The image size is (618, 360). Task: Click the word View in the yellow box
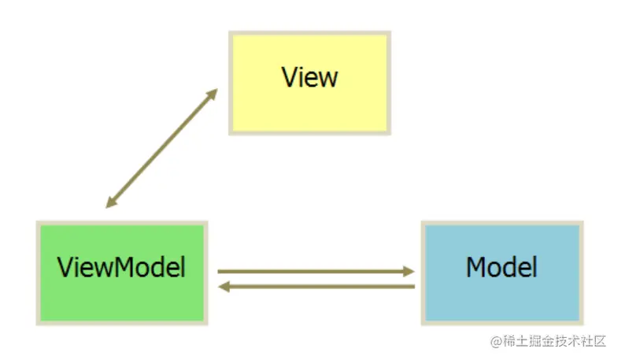pos(309,77)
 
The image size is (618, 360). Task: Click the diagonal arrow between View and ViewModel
pos(161,148)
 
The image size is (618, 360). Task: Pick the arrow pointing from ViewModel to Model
pos(315,271)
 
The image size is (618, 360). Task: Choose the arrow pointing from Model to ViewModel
pos(315,287)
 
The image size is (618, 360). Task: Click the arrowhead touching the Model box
pos(409,271)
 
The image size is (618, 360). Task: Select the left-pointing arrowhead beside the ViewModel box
pos(224,287)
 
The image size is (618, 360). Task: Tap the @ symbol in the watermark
pos(496,341)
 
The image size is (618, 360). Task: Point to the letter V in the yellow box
pos(289,77)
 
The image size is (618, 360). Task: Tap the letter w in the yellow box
pos(328,79)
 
